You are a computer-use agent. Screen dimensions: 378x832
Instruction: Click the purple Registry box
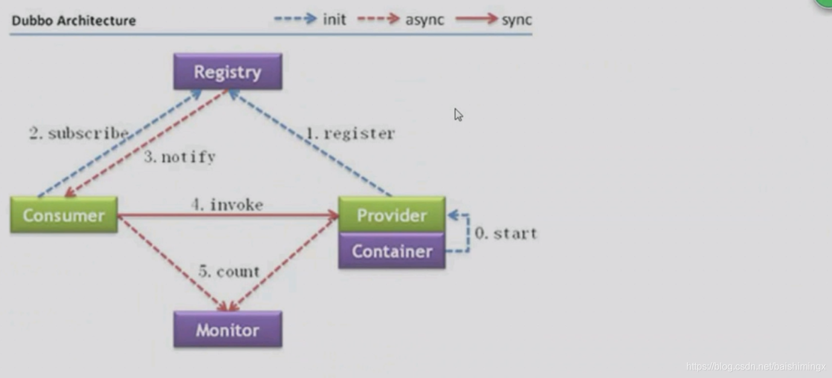click(228, 72)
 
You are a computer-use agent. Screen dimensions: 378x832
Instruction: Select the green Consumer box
click(64, 215)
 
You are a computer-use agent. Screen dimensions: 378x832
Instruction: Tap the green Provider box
click(392, 215)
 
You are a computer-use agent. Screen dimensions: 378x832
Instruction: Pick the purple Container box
click(392, 251)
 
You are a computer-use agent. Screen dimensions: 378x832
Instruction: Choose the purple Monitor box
click(228, 330)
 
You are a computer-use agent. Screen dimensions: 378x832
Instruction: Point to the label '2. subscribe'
click(79, 134)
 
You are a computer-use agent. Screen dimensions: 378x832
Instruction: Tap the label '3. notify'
click(179, 157)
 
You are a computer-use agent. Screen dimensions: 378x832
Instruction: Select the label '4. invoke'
click(227, 205)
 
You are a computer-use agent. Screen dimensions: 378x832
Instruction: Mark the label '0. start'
click(506, 233)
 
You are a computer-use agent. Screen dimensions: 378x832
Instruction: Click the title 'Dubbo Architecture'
click(74, 21)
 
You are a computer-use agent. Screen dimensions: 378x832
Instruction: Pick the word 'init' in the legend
click(334, 19)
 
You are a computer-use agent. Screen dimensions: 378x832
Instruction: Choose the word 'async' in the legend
click(425, 19)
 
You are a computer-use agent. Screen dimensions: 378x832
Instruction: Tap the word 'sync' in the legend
click(517, 19)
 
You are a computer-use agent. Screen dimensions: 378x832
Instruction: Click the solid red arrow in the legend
click(476, 19)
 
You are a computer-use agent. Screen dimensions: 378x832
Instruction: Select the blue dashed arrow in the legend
click(295, 19)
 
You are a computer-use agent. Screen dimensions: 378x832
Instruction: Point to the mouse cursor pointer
click(458, 114)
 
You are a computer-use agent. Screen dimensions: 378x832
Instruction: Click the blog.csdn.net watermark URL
click(756, 367)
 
